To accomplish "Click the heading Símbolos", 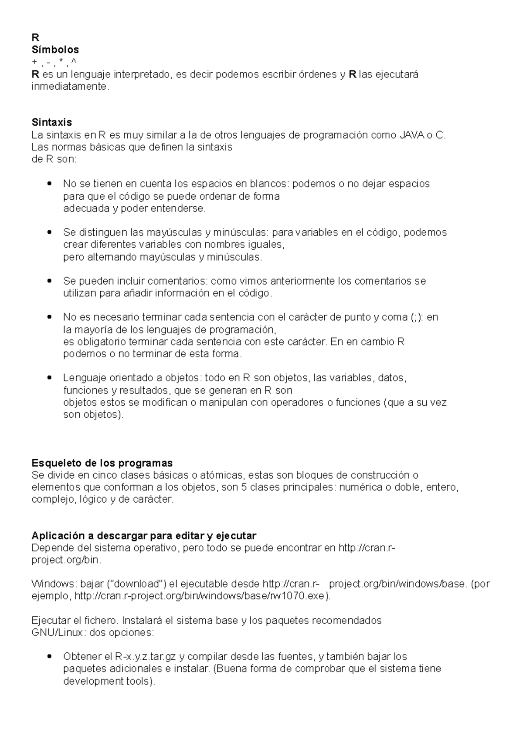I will [x=55, y=50].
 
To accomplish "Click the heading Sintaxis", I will [x=51, y=122].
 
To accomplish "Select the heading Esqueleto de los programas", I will [x=102, y=463].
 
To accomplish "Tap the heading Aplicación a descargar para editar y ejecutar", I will [x=144, y=535].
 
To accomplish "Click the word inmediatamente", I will [x=68, y=87].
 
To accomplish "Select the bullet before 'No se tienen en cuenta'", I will [x=49, y=184].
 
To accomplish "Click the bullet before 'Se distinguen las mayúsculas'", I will [x=49, y=232].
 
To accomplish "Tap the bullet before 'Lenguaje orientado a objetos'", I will [x=49, y=378].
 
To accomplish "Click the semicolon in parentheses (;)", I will [x=416, y=317].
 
